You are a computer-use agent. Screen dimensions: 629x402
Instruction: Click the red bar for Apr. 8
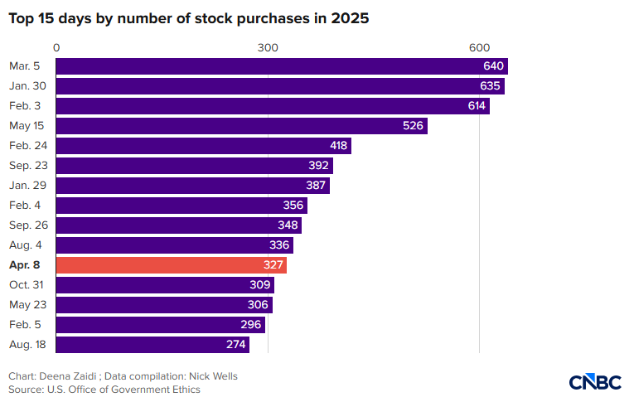click(172, 264)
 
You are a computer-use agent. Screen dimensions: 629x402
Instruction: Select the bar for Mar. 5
click(282, 66)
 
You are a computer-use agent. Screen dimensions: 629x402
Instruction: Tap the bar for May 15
click(242, 126)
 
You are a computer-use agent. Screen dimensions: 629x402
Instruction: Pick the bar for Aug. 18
click(152, 345)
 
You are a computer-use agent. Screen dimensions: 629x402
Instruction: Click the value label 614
click(477, 106)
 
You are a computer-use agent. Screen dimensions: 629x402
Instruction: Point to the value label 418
click(339, 146)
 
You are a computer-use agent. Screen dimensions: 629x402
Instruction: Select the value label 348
click(288, 225)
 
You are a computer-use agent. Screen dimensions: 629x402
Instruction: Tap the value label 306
click(258, 305)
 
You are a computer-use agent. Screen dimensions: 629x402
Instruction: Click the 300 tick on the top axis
click(268, 48)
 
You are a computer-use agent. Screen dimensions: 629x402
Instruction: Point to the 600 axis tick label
click(479, 48)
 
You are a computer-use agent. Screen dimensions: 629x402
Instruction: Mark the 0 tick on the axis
click(56, 48)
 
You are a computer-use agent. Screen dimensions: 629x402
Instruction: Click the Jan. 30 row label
click(27, 86)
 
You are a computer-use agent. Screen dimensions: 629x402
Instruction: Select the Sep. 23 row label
click(28, 166)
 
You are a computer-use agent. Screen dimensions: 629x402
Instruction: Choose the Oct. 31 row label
click(26, 285)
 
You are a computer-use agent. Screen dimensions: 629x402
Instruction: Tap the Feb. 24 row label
click(28, 146)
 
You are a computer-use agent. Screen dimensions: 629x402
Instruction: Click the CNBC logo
click(595, 382)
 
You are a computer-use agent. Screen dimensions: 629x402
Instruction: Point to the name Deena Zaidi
click(68, 376)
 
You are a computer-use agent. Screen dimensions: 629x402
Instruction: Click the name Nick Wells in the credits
click(214, 376)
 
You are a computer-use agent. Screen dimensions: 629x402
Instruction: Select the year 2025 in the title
click(350, 18)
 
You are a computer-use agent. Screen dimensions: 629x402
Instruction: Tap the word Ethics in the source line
click(186, 390)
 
